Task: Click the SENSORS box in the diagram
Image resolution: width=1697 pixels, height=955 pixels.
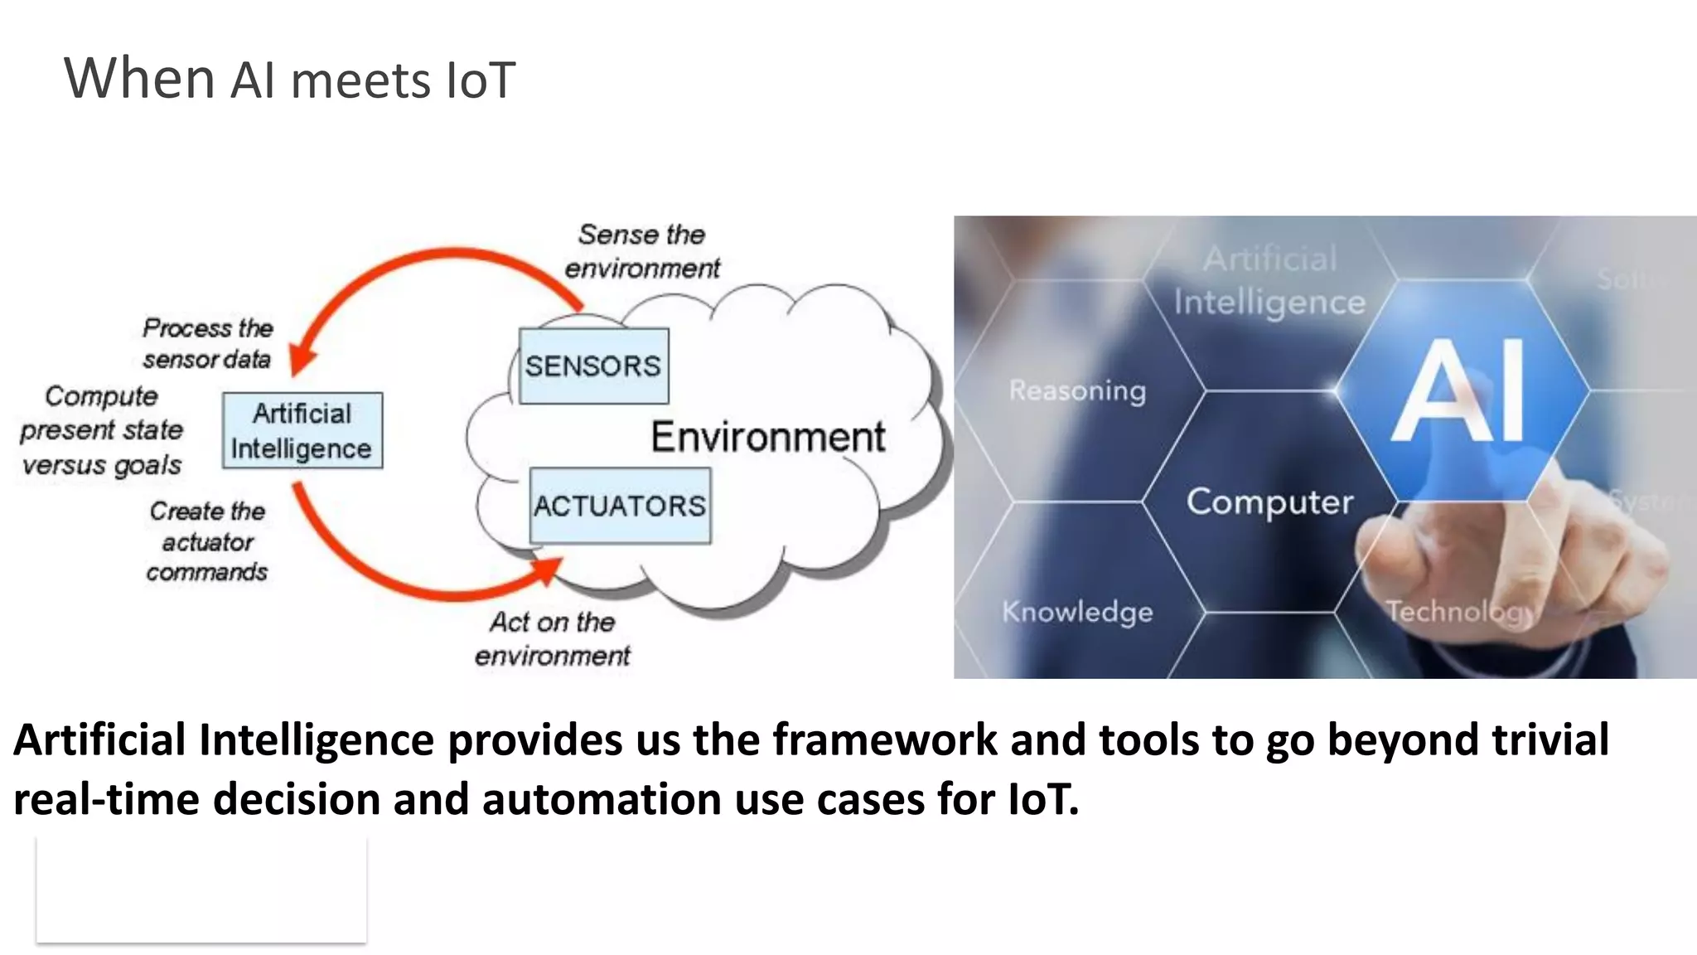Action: click(593, 366)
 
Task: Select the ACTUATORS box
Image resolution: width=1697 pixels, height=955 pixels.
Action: click(620, 506)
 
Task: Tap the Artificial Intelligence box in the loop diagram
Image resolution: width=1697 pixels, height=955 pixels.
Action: click(302, 431)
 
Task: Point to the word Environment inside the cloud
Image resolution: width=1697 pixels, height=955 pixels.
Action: click(768, 437)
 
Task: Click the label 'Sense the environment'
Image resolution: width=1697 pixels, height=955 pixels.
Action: click(642, 251)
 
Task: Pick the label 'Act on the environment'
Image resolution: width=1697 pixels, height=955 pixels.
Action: click(553, 638)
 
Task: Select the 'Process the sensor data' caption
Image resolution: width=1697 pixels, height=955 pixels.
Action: click(207, 343)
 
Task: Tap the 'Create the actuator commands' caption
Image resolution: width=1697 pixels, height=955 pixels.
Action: click(207, 541)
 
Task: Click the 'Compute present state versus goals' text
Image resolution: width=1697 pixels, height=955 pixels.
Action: click(101, 430)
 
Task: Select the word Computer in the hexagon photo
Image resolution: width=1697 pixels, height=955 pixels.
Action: click(1269, 502)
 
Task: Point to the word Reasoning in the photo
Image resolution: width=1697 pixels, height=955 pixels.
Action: click(1077, 390)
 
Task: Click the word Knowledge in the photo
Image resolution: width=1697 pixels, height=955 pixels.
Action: click(1077, 612)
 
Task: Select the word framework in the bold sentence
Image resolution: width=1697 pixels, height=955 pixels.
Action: click(885, 739)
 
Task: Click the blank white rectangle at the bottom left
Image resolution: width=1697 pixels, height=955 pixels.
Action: click(201, 890)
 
